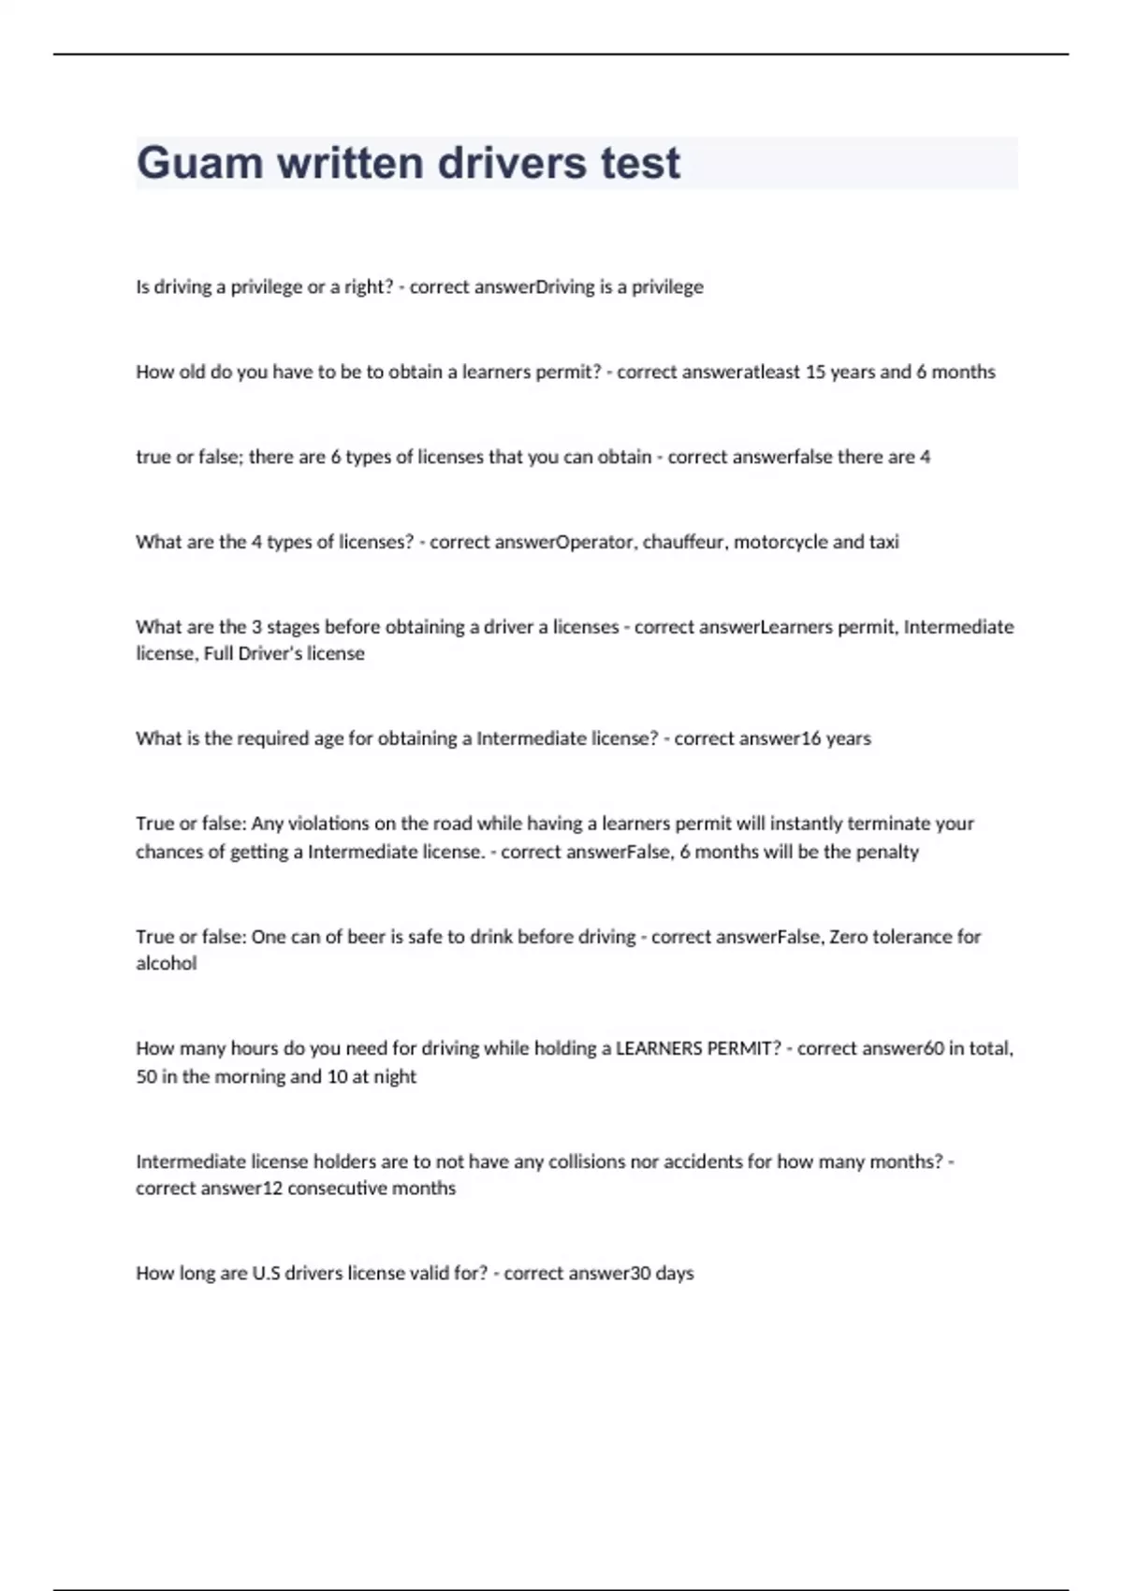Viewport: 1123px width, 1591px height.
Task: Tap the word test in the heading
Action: pyautogui.click(x=640, y=163)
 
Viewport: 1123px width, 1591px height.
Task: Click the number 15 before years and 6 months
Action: pyautogui.click(x=815, y=372)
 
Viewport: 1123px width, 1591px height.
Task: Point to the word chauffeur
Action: pyautogui.click(x=684, y=542)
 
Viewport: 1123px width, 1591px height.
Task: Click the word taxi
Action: pyautogui.click(x=884, y=542)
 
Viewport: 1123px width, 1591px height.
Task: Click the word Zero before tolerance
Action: pyautogui.click(x=849, y=937)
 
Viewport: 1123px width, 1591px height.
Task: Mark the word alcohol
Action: pyautogui.click(x=167, y=964)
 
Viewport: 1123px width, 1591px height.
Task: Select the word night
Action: pyautogui.click(x=395, y=1077)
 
